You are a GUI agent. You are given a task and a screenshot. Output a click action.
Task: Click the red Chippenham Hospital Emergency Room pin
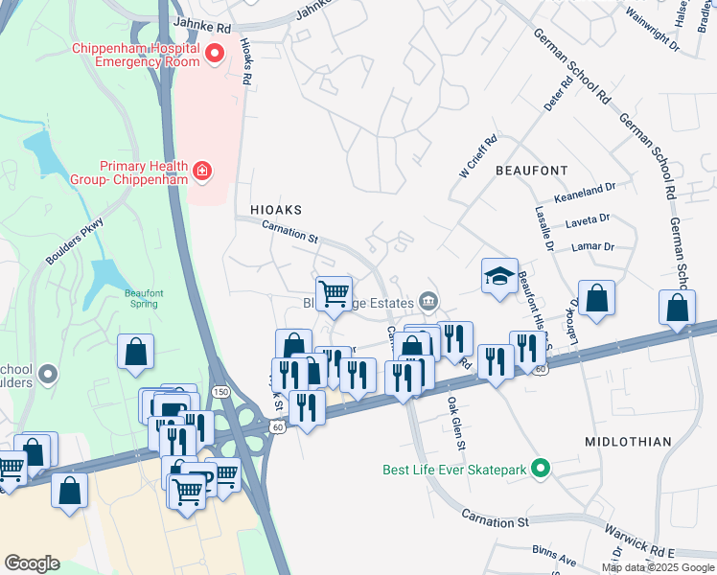pos(214,54)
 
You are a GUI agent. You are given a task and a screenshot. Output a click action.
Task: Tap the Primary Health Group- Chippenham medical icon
pos(202,171)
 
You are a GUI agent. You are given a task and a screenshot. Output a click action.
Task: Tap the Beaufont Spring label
pos(142,299)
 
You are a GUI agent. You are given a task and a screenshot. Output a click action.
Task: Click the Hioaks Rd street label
pos(245,63)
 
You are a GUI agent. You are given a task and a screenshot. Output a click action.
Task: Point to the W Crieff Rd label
pos(478,156)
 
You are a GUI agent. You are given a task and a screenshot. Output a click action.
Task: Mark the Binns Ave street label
pos(555,556)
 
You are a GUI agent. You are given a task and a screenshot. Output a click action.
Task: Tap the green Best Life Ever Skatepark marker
pos(542,470)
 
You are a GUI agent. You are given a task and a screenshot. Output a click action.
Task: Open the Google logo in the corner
pos(32,563)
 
